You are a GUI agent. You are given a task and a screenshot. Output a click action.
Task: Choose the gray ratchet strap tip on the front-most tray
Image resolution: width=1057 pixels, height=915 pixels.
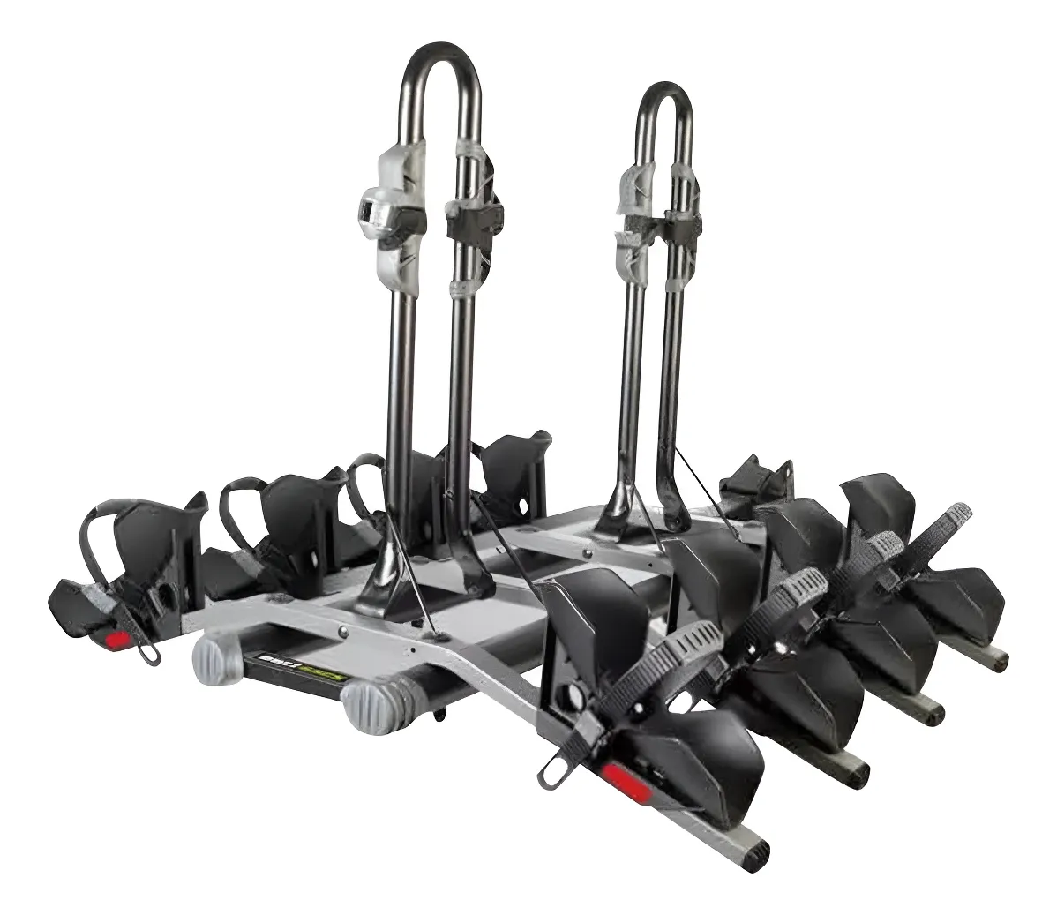point(701,638)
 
